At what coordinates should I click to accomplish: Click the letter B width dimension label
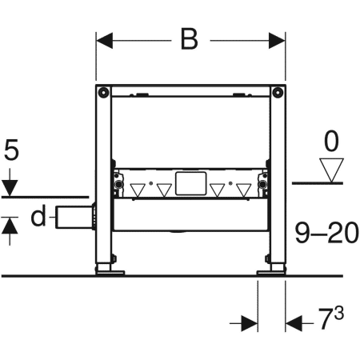pyautogui.click(x=189, y=40)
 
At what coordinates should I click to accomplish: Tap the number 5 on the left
pyautogui.click(x=10, y=151)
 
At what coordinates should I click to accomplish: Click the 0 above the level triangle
pyautogui.click(x=330, y=142)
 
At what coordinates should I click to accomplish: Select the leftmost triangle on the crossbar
pyautogui.click(x=140, y=190)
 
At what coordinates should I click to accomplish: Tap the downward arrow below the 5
pyautogui.click(x=10, y=188)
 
